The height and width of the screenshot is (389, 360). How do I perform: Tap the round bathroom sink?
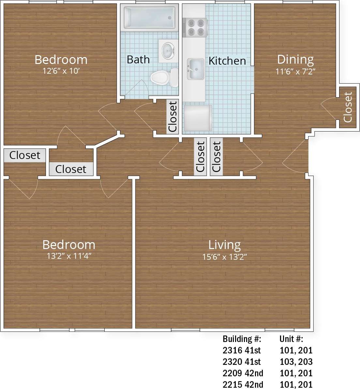point(168,51)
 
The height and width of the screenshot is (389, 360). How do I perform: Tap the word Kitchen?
point(227,61)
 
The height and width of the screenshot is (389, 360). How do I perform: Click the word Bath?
point(138,59)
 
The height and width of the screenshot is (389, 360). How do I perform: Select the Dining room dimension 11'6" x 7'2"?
point(295,71)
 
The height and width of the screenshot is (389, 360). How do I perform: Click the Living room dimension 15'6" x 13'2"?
point(224,257)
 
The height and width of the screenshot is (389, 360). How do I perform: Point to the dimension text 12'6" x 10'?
point(61,71)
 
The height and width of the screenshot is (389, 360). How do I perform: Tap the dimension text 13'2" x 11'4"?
point(69,256)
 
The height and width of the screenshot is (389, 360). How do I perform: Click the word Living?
point(224,245)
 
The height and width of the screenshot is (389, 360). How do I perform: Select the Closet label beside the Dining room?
point(348,107)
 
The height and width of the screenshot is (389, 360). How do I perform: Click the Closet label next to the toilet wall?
point(172,117)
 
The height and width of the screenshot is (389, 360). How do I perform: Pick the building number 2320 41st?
point(242,362)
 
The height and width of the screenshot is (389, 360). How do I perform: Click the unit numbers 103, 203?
point(296,362)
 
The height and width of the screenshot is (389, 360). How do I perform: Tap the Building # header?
point(242,339)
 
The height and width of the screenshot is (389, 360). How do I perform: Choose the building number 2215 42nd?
point(243,384)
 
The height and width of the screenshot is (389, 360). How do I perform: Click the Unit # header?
point(291,339)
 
